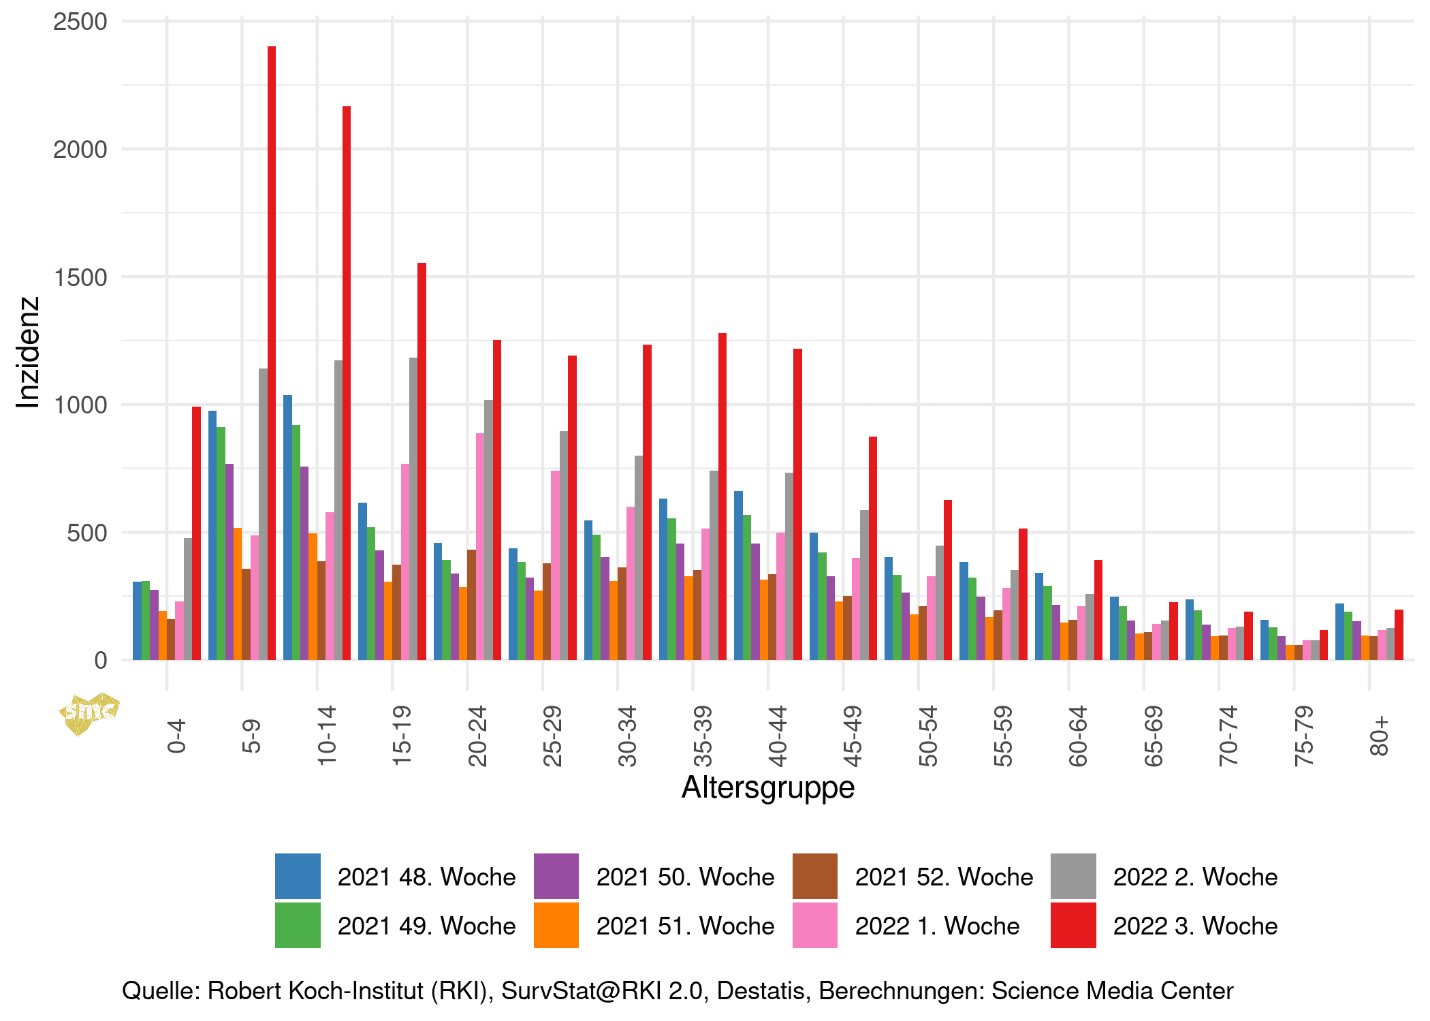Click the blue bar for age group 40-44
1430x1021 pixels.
(738, 575)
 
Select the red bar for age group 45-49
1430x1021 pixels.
(872, 548)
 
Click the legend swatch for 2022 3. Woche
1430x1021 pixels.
(1073, 925)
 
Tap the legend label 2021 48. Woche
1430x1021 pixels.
(426, 877)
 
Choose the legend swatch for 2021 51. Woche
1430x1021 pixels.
(556, 925)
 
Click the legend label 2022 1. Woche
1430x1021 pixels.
(937, 926)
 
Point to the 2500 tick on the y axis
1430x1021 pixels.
(80, 22)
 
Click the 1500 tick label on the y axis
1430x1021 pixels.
(80, 277)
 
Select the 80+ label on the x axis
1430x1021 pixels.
(1378, 736)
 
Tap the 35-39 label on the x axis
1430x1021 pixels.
(702, 736)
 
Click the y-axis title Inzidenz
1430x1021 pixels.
(29, 352)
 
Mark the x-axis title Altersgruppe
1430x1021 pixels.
(767, 787)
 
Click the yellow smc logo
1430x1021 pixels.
(89, 712)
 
